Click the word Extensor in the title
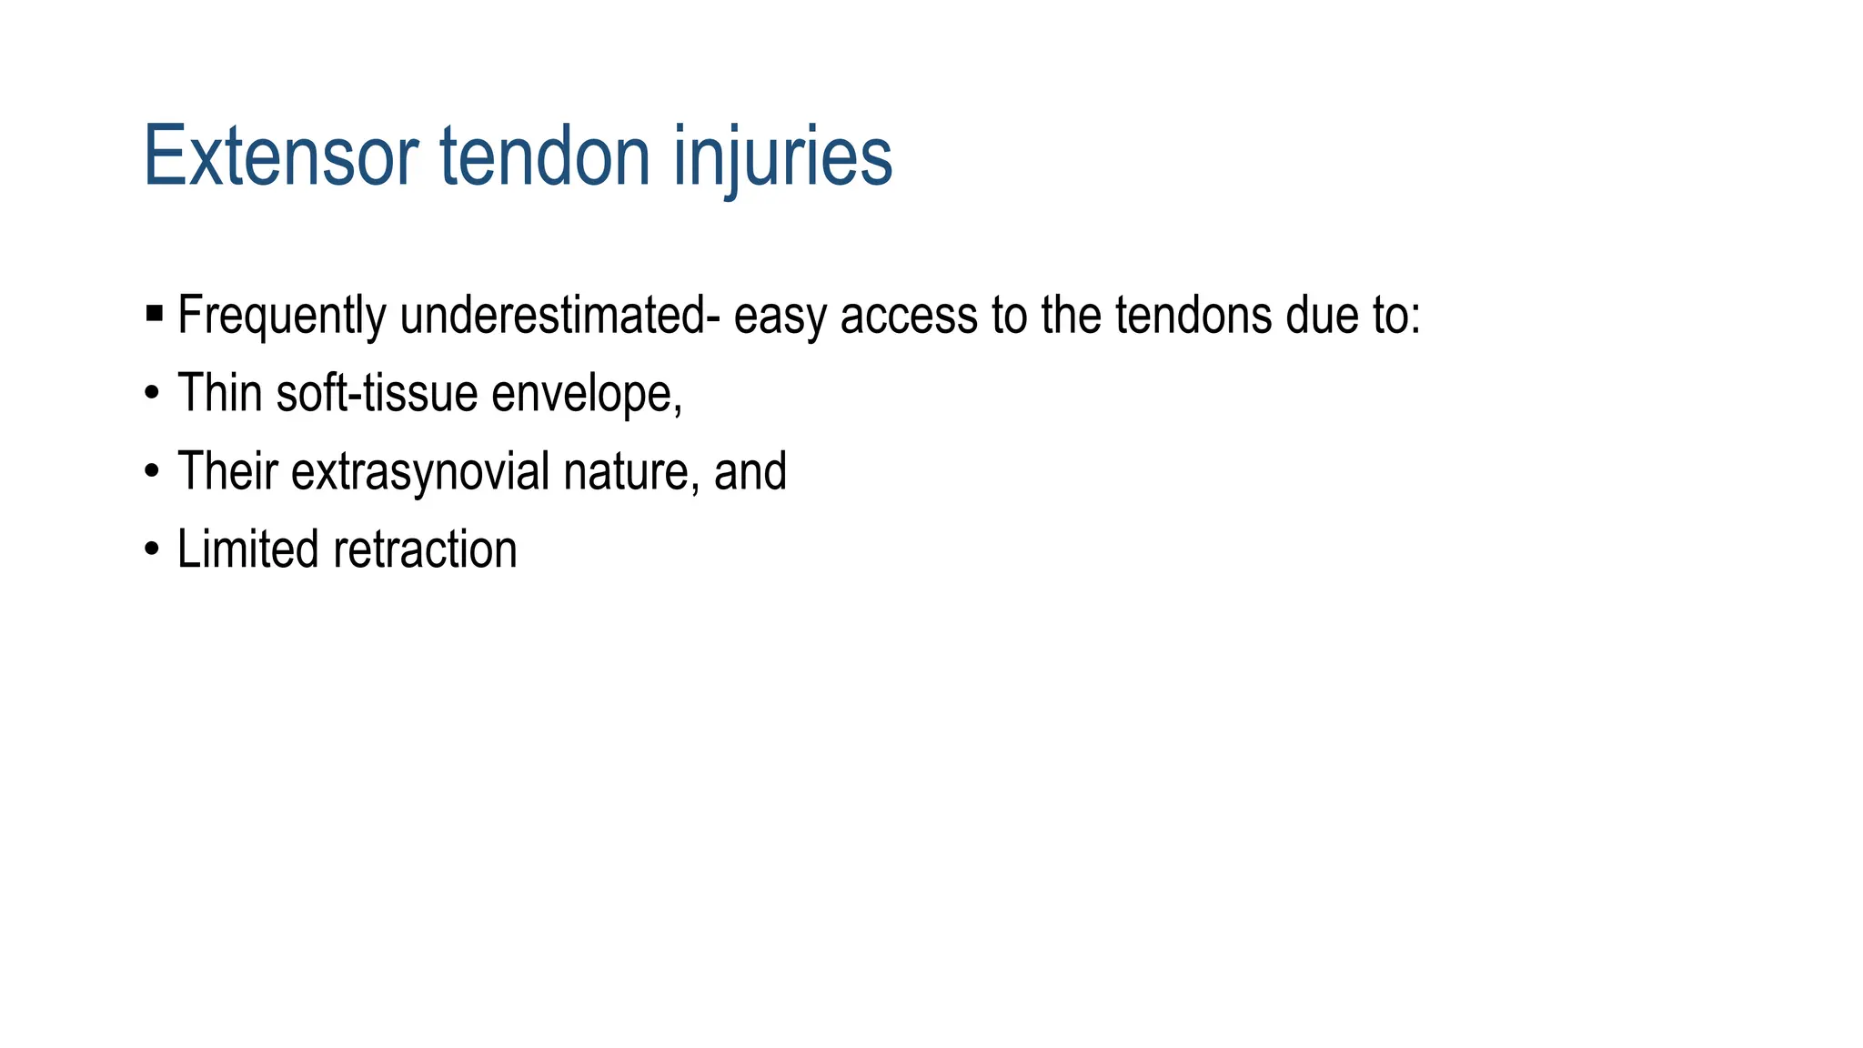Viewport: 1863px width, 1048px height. coord(280,156)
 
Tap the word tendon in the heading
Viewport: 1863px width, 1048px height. coord(545,156)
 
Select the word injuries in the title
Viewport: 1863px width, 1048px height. coord(783,156)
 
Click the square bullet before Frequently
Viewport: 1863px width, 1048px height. coord(154,315)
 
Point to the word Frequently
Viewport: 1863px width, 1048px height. coord(281,316)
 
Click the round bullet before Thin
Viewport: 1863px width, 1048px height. coord(152,394)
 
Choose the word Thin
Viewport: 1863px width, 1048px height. coord(222,393)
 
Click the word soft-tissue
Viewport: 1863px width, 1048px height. coord(378,393)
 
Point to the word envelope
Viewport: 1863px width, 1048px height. coord(583,394)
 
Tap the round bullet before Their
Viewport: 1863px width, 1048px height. coord(152,472)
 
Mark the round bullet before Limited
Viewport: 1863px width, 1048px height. coord(152,550)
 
